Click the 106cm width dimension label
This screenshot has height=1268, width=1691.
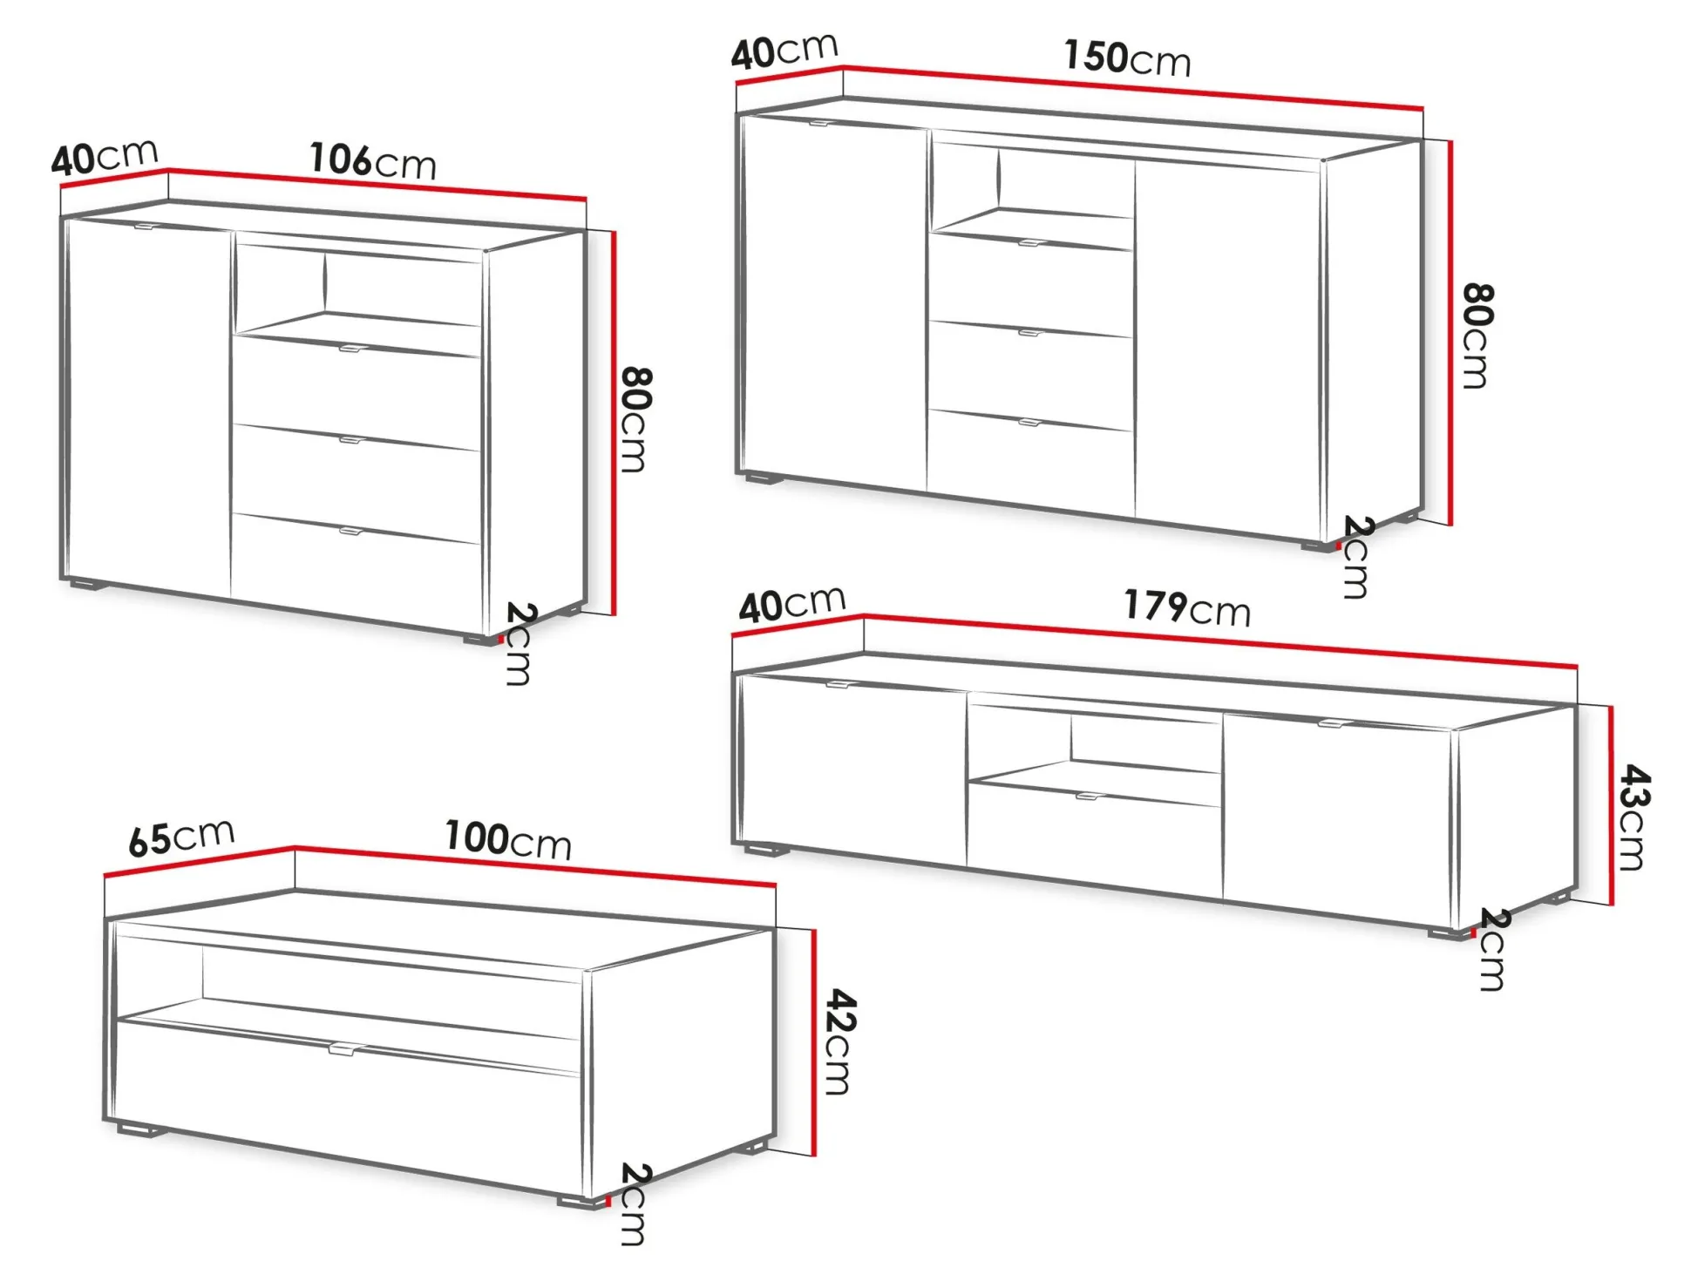[x=373, y=161]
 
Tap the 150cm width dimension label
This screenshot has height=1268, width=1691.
[x=1127, y=58]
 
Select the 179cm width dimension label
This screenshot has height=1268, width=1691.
[x=1186, y=607]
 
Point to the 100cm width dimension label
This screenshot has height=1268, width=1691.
[x=508, y=839]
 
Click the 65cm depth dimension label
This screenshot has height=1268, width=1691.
[x=181, y=837]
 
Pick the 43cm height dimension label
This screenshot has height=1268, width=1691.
[x=1633, y=817]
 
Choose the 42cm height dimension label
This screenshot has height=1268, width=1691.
[x=840, y=1041]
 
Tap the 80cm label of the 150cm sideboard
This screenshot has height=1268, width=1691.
[x=1478, y=336]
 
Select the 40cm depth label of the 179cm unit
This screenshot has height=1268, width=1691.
[x=791, y=604]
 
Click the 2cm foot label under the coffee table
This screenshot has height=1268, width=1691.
[x=634, y=1204]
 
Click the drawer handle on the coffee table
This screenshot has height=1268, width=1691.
[x=349, y=1049]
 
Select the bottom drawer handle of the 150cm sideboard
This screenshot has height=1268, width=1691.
[x=1029, y=423]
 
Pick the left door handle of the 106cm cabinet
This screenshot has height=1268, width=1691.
[x=144, y=227]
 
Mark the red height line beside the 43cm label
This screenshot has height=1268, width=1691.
[x=1612, y=804]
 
